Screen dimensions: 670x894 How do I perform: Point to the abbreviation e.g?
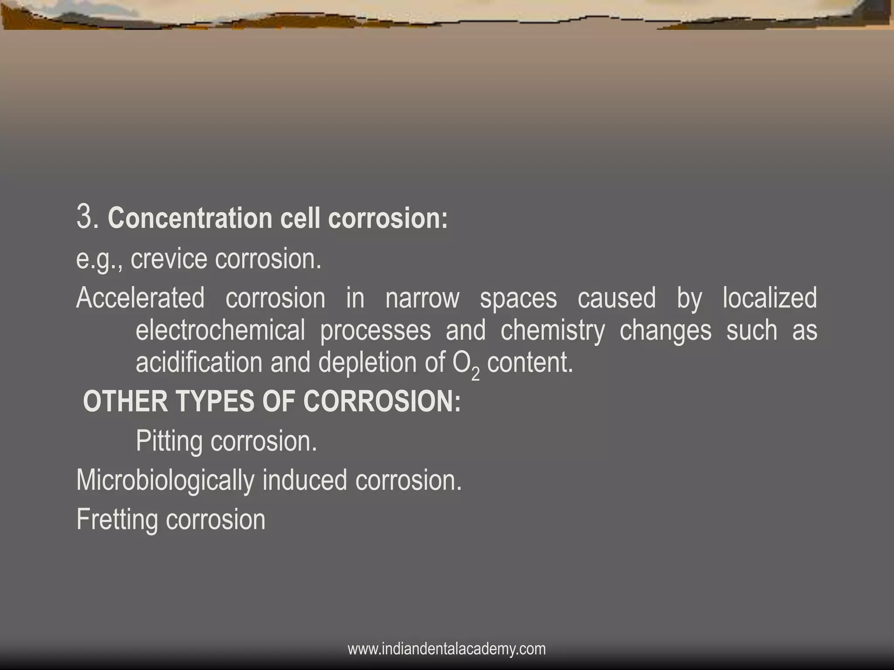(x=99, y=259)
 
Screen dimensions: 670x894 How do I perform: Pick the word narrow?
(x=422, y=298)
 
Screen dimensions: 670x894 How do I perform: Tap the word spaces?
(x=518, y=298)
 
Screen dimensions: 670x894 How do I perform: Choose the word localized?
(x=770, y=298)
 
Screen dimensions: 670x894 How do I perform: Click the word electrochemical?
(x=220, y=330)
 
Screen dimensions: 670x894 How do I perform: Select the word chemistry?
(x=553, y=330)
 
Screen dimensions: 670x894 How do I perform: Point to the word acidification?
(x=199, y=362)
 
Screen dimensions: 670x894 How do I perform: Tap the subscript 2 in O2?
(x=475, y=374)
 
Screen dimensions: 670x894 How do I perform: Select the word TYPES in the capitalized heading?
(x=214, y=401)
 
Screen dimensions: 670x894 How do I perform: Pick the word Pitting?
(x=169, y=441)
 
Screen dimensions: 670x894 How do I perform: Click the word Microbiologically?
(x=165, y=480)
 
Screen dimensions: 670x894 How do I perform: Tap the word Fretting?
(x=117, y=520)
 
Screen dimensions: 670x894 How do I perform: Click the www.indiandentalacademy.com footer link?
(x=447, y=649)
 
